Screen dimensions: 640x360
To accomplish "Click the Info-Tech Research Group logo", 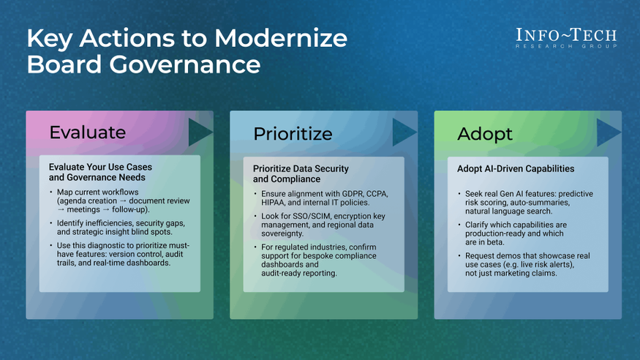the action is point(566,38).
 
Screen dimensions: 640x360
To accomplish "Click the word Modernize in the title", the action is point(281,38).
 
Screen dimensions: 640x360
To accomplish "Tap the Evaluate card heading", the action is point(87,132).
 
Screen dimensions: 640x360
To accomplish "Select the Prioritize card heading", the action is point(293,134).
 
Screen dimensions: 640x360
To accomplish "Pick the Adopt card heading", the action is point(484,135).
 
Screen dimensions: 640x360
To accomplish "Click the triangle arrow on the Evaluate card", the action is point(200,132).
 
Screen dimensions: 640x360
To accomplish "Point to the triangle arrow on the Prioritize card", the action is point(404,132).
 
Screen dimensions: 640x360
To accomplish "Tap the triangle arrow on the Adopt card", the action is point(608,132).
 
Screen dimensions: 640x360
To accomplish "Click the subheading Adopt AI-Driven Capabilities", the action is point(516,168).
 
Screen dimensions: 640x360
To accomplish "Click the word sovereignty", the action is point(282,234).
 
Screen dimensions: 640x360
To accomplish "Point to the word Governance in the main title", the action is point(185,65).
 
